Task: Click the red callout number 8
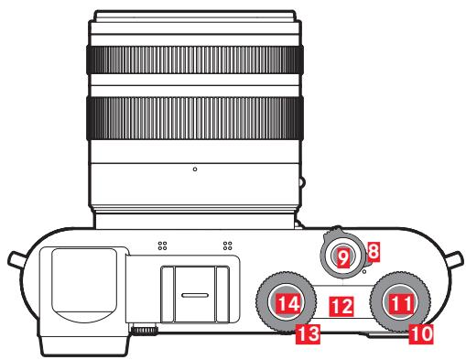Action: click(x=373, y=248)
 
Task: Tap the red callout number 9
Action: click(x=343, y=259)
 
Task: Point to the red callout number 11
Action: click(x=400, y=300)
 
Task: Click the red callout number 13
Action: click(x=309, y=335)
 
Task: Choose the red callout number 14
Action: click(x=289, y=301)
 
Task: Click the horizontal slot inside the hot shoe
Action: click(x=193, y=295)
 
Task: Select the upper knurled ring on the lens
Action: click(x=195, y=59)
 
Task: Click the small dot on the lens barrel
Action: click(x=195, y=169)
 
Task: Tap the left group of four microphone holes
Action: click(x=162, y=245)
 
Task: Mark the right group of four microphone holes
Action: click(x=225, y=245)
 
